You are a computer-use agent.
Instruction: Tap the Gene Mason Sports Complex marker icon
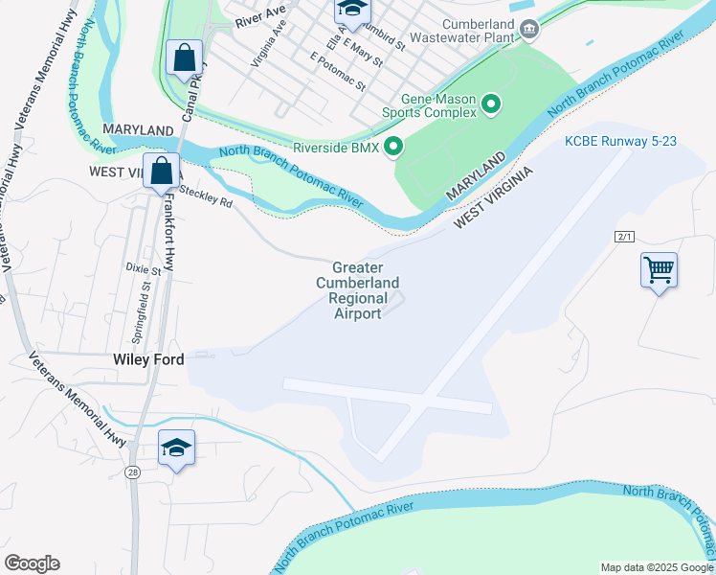[492, 103]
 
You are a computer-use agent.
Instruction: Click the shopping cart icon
[660, 270]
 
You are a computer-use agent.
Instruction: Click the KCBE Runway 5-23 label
[621, 141]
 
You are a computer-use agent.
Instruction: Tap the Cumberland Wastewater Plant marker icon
[530, 30]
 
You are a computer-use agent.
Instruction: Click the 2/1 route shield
[625, 236]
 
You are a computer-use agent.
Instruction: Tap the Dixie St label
[142, 270]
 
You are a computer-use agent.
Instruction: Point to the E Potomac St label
[339, 72]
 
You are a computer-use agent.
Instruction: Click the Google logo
[32, 563]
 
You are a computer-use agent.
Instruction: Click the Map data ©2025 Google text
[656, 567]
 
